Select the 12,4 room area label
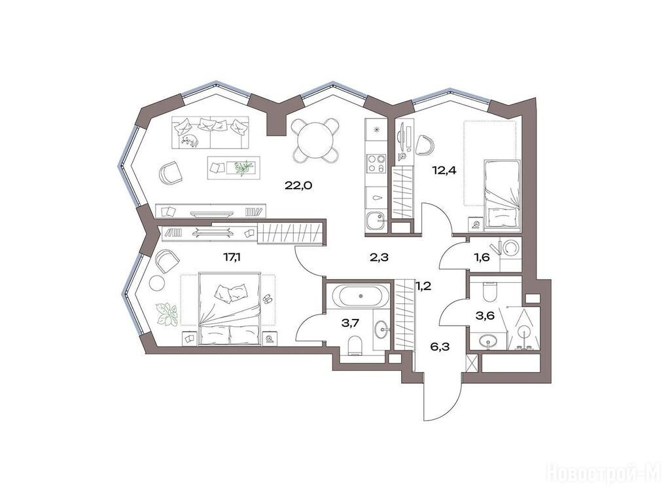click(444, 171)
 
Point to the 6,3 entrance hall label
click(439, 346)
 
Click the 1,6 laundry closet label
click(482, 258)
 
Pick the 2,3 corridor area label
click(379, 257)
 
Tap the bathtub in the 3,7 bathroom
click(361, 296)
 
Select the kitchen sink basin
click(376, 221)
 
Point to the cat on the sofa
click(189, 140)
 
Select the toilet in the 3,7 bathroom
click(355, 346)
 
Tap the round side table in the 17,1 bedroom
click(157, 283)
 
